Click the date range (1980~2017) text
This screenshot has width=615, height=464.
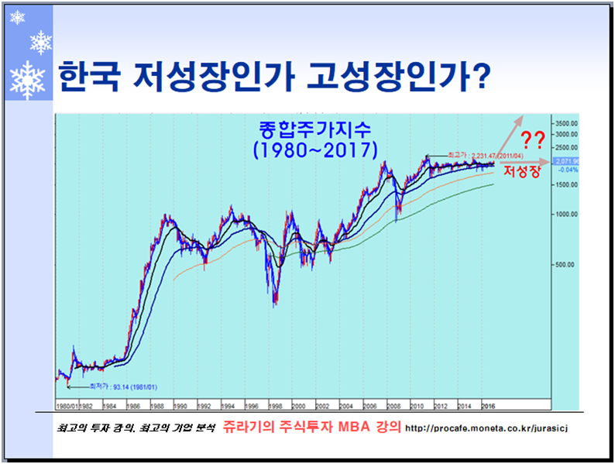tap(314, 149)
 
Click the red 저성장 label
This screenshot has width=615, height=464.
tap(521, 171)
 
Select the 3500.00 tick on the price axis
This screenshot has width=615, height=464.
tap(567, 123)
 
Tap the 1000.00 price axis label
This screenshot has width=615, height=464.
tap(567, 214)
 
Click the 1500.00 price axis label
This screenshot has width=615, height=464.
tap(567, 184)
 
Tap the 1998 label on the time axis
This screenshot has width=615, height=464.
tap(274, 404)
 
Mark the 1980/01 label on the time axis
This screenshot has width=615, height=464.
tap(67, 404)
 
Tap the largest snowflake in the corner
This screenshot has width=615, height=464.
tap(29, 81)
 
